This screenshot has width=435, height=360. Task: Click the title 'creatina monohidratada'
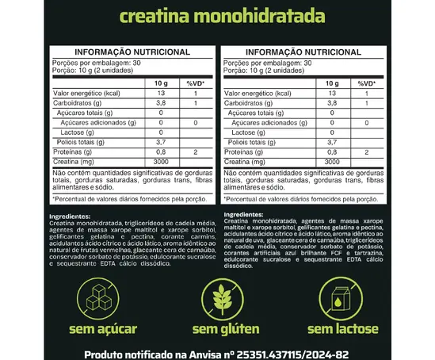(x=217, y=16)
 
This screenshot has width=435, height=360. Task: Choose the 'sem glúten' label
(x=216, y=328)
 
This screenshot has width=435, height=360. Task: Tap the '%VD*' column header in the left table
(x=195, y=83)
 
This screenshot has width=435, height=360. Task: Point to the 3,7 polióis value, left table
(x=161, y=141)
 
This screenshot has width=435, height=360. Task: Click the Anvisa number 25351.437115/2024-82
(x=301, y=351)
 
